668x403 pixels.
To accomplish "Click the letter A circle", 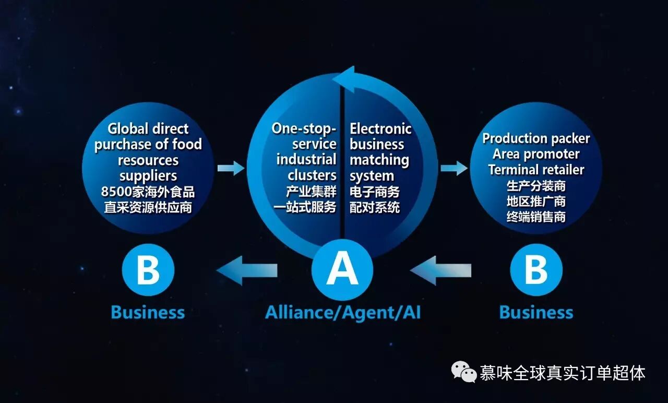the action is coord(342,270).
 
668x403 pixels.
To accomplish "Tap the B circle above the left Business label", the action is coord(148,270).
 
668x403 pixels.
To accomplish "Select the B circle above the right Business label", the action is coord(536,270).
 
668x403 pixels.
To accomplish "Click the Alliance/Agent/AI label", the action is coord(343,312).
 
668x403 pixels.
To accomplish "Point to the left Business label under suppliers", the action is coord(148,312).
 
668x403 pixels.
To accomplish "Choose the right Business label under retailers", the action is coord(536,312).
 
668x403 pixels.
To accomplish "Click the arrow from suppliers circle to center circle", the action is coord(231,168).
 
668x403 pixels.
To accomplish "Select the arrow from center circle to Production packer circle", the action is coord(454,168).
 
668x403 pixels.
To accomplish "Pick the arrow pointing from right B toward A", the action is coord(440,270).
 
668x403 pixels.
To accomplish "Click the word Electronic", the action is coord(380,129).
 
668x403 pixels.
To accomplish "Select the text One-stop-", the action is coord(304,129).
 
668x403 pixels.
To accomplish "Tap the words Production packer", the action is coord(536,138).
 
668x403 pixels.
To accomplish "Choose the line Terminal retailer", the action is coord(536,170).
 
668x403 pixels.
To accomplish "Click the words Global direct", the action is coord(148,129).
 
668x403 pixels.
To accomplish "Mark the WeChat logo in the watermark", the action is coord(464,372).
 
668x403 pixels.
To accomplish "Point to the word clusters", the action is coord(312,175).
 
